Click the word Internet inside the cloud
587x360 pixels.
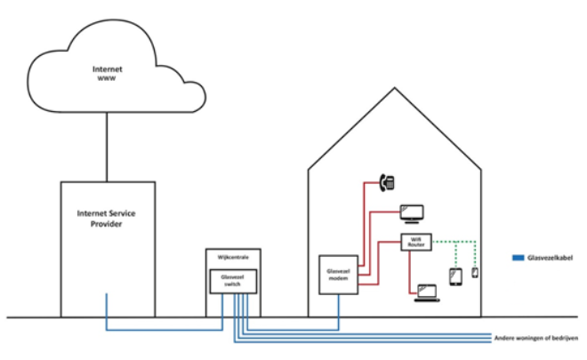click(107, 69)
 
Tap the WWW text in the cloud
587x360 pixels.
click(107, 78)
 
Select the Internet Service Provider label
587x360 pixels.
click(107, 219)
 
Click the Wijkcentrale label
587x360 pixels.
click(233, 257)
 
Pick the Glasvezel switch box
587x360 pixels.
click(233, 281)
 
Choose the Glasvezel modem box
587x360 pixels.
click(338, 275)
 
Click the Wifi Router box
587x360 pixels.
click(416, 242)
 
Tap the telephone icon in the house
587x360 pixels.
click(387, 183)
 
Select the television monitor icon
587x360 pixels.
click(412, 213)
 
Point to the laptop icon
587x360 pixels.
click(427, 293)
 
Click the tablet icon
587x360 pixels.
click(455, 277)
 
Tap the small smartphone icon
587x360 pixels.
click(475, 273)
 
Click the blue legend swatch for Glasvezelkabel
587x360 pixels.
click(519, 258)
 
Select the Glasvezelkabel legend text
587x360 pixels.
click(550, 258)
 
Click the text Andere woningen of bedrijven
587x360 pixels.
click(536, 338)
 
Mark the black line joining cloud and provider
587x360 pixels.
click(107, 147)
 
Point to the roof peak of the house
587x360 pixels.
click(394, 88)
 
